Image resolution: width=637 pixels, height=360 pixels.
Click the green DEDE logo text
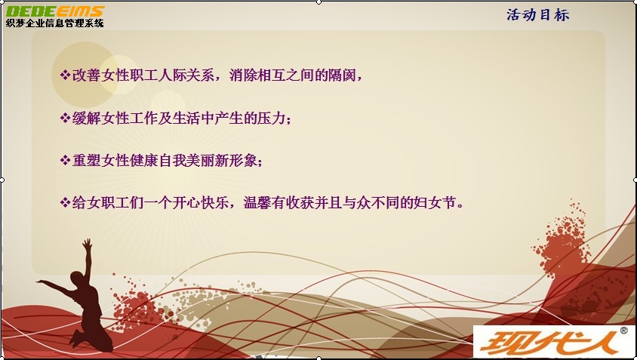pyautogui.click(x=29, y=11)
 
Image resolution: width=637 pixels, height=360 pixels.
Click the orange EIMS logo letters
pyautogui.click(x=79, y=11)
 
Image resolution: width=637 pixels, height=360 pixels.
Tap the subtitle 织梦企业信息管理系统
pyautogui.click(x=55, y=23)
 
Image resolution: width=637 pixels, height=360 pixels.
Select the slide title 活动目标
pyautogui.click(x=538, y=15)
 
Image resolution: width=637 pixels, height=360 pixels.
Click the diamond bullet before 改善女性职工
pyautogui.click(x=65, y=75)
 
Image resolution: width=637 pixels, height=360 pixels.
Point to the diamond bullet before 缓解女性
pyautogui.click(x=65, y=118)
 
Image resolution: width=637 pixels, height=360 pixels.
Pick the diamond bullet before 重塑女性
pyautogui.click(x=65, y=160)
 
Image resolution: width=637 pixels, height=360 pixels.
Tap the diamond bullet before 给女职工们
pyautogui.click(x=65, y=202)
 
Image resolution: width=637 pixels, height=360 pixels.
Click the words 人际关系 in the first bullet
pyautogui.click(x=186, y=75)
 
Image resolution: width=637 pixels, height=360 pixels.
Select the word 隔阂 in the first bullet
pyautogui.click(x=342, y=75)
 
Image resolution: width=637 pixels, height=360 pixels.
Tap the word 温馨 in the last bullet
pyautogui.click(x=257, y=202)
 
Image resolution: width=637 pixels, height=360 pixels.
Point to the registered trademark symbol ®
pyautogui.click(x=623, y=331)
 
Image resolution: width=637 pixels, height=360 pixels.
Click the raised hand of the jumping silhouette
pyautogui.click(x=87, y=244)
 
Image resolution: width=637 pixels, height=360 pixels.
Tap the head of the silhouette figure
pyautogui.click(x=77, y=279)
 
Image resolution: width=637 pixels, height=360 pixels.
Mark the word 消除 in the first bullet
pyautogui.click(x=243, y=75)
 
